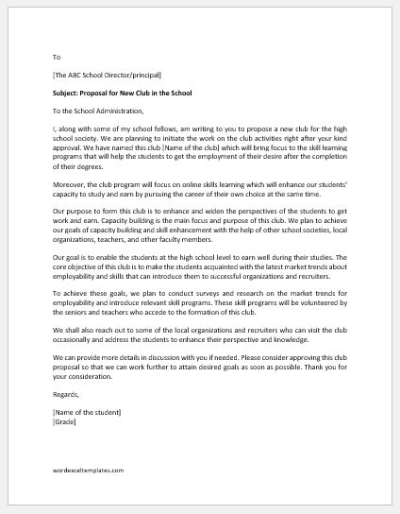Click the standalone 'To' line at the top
click(x=58, y=57)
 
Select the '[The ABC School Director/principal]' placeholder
click(x=108, y=75)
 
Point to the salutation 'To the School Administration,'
click(x=99, y=111)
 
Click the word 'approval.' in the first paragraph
click(x=71, y=160)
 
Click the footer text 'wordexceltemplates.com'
click(x=89, y=495)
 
